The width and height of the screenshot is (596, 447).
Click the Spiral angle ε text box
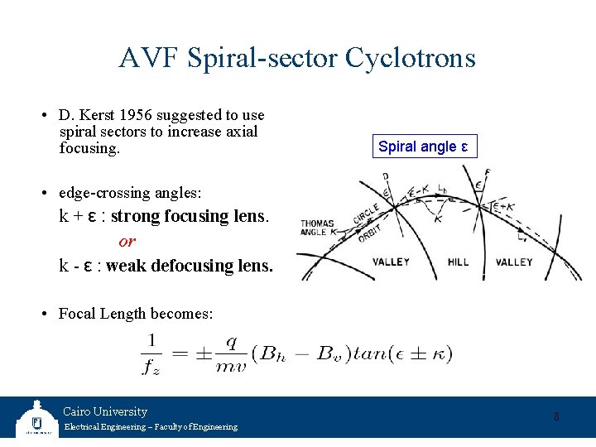coord(423,147)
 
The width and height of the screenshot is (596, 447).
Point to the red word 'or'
coord(127,241)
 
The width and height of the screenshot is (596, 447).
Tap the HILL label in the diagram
coord(458,262)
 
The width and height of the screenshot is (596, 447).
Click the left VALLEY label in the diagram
coord(391,262)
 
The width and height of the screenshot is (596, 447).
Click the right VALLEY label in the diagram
coord(514,262)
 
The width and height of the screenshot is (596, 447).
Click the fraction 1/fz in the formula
coord(153,353)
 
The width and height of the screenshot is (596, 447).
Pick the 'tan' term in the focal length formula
coord(370,353)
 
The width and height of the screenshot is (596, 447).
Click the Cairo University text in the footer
coord(105,411)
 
